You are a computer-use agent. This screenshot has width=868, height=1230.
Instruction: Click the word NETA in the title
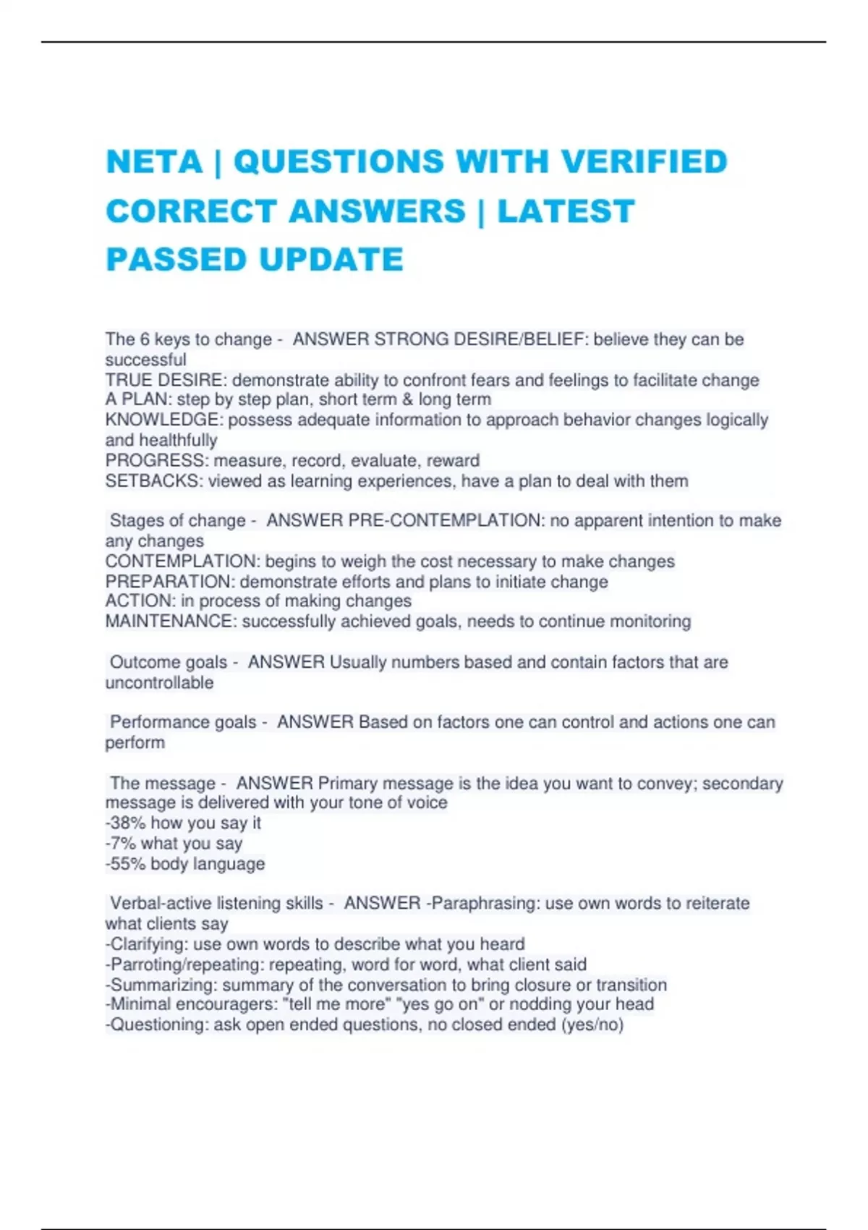click(x=154, y=161)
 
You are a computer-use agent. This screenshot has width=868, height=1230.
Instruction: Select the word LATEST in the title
click(x=566, y=211)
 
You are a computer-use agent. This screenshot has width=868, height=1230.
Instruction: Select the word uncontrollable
click(x=159, y=682)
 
